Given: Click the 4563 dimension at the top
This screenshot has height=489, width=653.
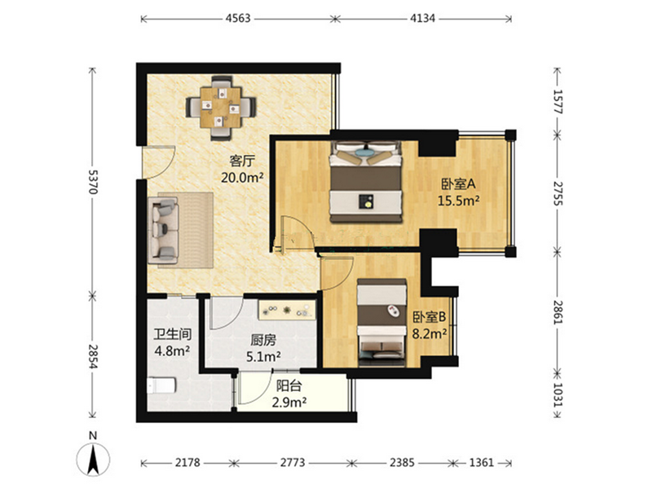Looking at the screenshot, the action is coord(238,18).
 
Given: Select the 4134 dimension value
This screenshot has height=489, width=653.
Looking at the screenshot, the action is coord(422,18).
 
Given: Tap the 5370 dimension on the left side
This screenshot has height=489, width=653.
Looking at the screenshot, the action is coord(92,182).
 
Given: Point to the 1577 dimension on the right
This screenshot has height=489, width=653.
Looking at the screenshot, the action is coord(558,102).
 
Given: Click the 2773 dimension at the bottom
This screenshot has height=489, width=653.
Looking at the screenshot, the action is coord(293,462).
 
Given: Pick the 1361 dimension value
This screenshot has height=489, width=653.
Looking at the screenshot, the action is coord(482,462).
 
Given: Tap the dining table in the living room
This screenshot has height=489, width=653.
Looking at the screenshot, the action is coord(221,108).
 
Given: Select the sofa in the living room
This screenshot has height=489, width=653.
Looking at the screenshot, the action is coord(163,230).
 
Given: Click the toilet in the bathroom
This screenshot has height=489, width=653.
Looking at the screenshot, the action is coord(161,385).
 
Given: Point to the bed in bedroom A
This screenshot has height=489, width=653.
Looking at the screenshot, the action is coord(366,182).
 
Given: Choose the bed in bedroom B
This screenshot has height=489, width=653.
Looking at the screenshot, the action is coord(382,323).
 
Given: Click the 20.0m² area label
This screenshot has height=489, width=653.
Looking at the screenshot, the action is coord(242,178).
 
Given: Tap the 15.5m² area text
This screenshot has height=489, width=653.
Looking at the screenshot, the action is coord(458,201).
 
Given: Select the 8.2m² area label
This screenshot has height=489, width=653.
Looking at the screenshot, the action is coord(430,334).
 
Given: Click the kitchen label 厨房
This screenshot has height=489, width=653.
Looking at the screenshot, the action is coord(263,341).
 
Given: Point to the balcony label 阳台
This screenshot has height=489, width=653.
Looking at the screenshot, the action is coord(289,385).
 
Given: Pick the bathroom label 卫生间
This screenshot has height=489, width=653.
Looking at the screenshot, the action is coord(172,334).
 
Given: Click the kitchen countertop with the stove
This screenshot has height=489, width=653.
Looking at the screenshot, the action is coord(287,310).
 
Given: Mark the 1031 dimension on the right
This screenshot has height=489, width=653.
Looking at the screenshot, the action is coord(558,394).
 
